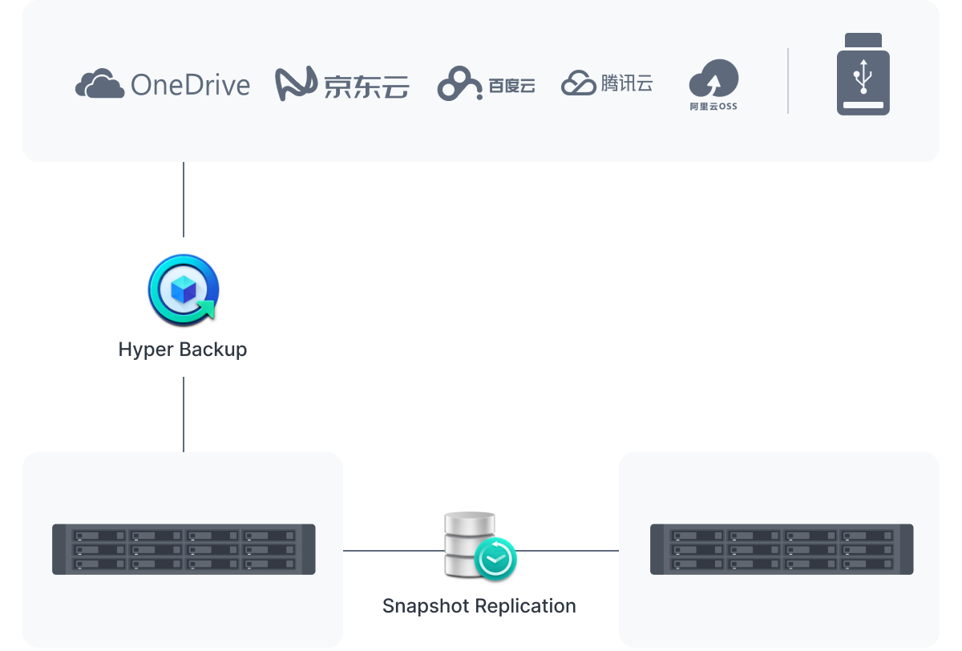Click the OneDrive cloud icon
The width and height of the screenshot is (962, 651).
[x=99, y=83]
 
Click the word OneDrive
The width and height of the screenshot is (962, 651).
[x=190, y=84]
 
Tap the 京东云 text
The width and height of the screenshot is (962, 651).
[x=366, y=85]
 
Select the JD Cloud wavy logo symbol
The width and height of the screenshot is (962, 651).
[x=297, y=84]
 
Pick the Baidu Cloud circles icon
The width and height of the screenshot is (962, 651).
[x=459, y=84]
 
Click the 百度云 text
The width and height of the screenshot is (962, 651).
[x=511, y=85]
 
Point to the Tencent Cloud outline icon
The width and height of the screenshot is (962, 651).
[x=578, y=83]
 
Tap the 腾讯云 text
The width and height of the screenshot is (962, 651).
[x=626, y=83]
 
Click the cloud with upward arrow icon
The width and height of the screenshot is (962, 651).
[x=713, y=79]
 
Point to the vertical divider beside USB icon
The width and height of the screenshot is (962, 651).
[x=788, y=81]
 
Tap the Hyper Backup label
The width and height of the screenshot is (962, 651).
[x=183, y=350]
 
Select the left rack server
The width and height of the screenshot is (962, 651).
[x=184, y=549]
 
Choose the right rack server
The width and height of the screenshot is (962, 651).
[x=782, y=549]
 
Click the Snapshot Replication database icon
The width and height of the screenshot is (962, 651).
[x=471, y=543]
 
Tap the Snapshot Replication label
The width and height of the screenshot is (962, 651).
[x=479, y=606]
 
